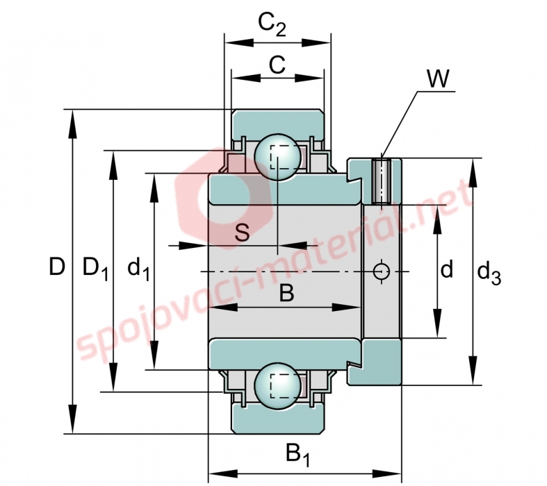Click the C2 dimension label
272,24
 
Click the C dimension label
277,65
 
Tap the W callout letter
438,78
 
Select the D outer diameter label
57,267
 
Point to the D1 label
95,269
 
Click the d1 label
138,269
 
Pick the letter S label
242,233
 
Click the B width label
287,293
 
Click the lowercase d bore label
446,269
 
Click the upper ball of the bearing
278,157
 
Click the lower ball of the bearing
278,385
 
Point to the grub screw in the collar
382,181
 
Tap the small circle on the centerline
382,271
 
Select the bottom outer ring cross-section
278,419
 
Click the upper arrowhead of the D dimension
72,124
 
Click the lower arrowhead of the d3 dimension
473,370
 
